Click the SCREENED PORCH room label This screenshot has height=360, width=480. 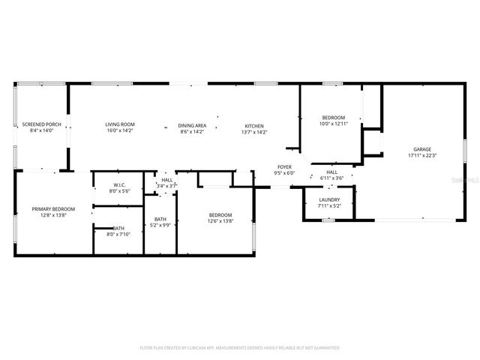pyautogui.click(x=41, y=124)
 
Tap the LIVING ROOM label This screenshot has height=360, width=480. pyautogui.click(x=119, y=124)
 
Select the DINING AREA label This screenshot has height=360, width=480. pyautogui.click(x=192, y=125)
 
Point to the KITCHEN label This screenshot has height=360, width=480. pyautogui.click(x=254, y=125)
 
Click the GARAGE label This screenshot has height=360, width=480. pyautogui.click(x=422, y=149)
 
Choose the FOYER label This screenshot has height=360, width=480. pyautogui.click(x=284, y=166)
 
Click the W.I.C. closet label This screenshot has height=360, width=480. pyautogui.click(x=118, y=184)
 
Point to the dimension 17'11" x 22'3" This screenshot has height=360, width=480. pyautogui.click(x=422, y=156)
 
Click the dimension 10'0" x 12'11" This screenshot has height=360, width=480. pyautogui.click(x=334, y=124)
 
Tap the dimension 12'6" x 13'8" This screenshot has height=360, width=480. pyautogui.click(x=220, y=220)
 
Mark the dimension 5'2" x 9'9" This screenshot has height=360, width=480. pyautogui.click(x=160, y=224)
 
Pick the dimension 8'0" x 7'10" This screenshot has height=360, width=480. pyautogui.click(x=119, y=234)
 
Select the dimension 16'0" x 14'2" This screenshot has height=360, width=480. pyautogui.click(x=119, y=131)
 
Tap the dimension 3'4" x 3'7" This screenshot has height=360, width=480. pyautogui.click(x=167, y=185)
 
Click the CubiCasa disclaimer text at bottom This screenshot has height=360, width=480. pyautogui.click(x=240, y=348)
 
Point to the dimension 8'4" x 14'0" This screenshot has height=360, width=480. pyautogui.click(x=41, y=131)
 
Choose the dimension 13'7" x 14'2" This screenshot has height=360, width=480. pyautogui.click(x=254, y=132)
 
